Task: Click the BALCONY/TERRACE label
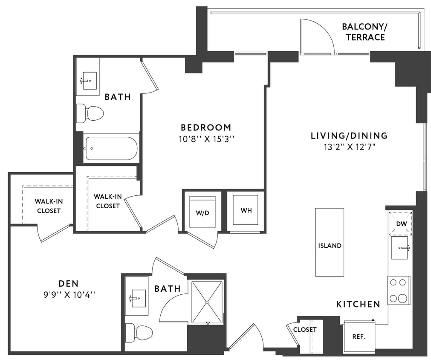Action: pyautogui.click(x=365, y=32)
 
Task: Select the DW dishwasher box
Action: pyautogui.click(x=401, y=223)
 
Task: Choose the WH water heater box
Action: pyautogui.click(x=246, y=210)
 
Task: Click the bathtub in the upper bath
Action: pyautogui.click(x=111, y=148)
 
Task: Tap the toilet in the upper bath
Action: pyautogui.click(x=90, y=113)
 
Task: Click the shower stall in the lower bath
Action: pyautogui.click(x=207, y=302)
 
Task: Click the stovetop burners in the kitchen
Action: pyautogui.click(x=399, y=290)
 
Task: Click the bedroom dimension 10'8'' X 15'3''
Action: pyautogui.click(x=206, y=139)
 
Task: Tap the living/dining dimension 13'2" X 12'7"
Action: pyautogui.click(x=349, y=147)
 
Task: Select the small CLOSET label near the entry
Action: pyautogui.click(x=305, y=330)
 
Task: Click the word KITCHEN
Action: pyautogui.click(x=358, y=304)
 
